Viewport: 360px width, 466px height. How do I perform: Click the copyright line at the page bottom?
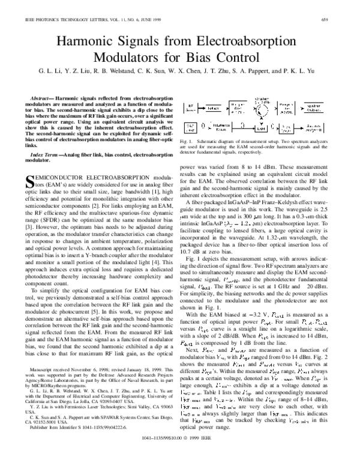pos(180,455)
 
